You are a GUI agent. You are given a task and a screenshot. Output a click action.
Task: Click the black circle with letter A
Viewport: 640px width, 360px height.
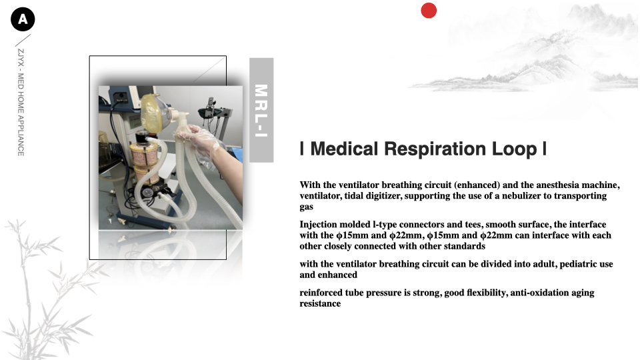(23, 19)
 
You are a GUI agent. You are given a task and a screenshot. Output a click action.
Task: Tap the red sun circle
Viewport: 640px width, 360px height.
(429, 11)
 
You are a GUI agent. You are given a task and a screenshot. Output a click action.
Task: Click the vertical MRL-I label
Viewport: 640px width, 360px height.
(261, 110)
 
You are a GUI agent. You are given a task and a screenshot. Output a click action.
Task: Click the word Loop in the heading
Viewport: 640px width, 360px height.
(514, 149)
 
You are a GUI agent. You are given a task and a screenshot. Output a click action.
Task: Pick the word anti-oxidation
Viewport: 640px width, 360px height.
(539, 293)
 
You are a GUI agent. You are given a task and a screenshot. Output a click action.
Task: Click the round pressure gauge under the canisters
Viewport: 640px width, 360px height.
(148, 192)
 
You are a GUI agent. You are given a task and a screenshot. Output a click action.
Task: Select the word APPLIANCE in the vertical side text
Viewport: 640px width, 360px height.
(21, 135)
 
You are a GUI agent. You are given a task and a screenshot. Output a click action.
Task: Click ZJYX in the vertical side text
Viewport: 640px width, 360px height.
(21, 57)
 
